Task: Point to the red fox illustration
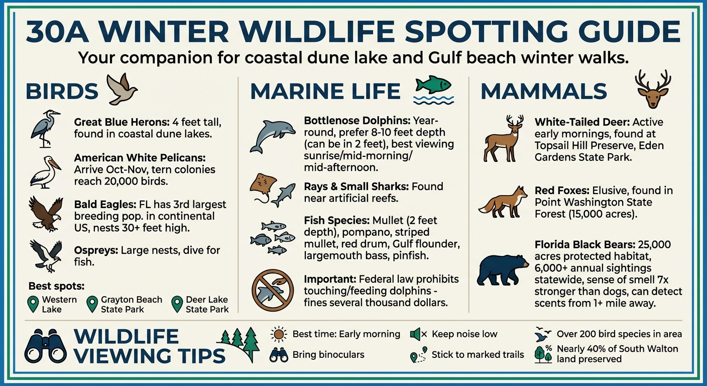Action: click(x=503, y=203)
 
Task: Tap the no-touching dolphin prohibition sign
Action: click(x=272, y=291)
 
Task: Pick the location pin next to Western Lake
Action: click(x=33, y=304)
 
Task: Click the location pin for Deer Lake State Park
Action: click(x=177, y=304)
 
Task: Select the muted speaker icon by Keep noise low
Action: click(x=418, y=334)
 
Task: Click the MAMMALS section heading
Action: click(x=544, y=91)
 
